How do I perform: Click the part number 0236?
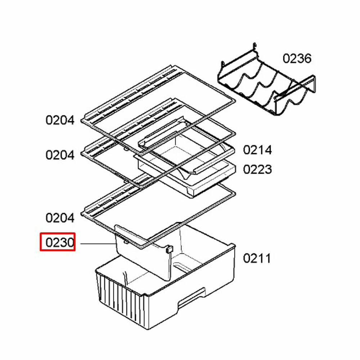297,58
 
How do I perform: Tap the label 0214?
257,150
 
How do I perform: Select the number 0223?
257,169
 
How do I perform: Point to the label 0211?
257,258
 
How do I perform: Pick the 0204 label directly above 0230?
60,218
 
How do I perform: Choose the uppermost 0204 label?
60,120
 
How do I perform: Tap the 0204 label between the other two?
60,155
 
